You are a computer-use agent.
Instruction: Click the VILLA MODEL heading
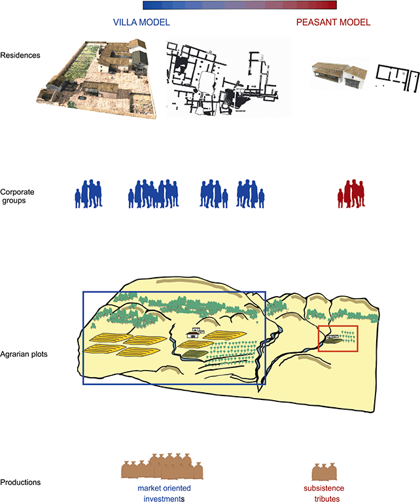click(x=141, y=22)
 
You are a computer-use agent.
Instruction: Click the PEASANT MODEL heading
click(x=333, y=22)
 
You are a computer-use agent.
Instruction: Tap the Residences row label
click(x=20, y=56)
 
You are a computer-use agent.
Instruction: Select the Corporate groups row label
click(x=17, y=196)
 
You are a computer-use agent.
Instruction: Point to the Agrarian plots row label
click(x=24, y=354)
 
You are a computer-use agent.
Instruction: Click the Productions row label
click(x=20, y=482)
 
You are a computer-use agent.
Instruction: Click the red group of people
click(x=351, y=193)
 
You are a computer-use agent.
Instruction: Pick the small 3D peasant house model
click(x=340, y=74)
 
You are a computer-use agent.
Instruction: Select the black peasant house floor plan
click(x=397, y=77)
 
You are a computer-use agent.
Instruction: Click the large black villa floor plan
click(x=222, y=78)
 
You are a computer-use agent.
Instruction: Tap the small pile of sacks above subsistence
click(x=324, y=471)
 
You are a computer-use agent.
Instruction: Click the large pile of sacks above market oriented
click(x=162, y=467)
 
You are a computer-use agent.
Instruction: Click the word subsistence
click(x=324, y=488)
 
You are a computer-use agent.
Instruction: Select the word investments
click(x=164, y=498)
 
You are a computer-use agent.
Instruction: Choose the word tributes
click(x=326, y=498)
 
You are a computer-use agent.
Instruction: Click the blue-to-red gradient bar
click(x=239, y=5)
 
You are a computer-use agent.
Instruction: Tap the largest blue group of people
click(x=154, y=193)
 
